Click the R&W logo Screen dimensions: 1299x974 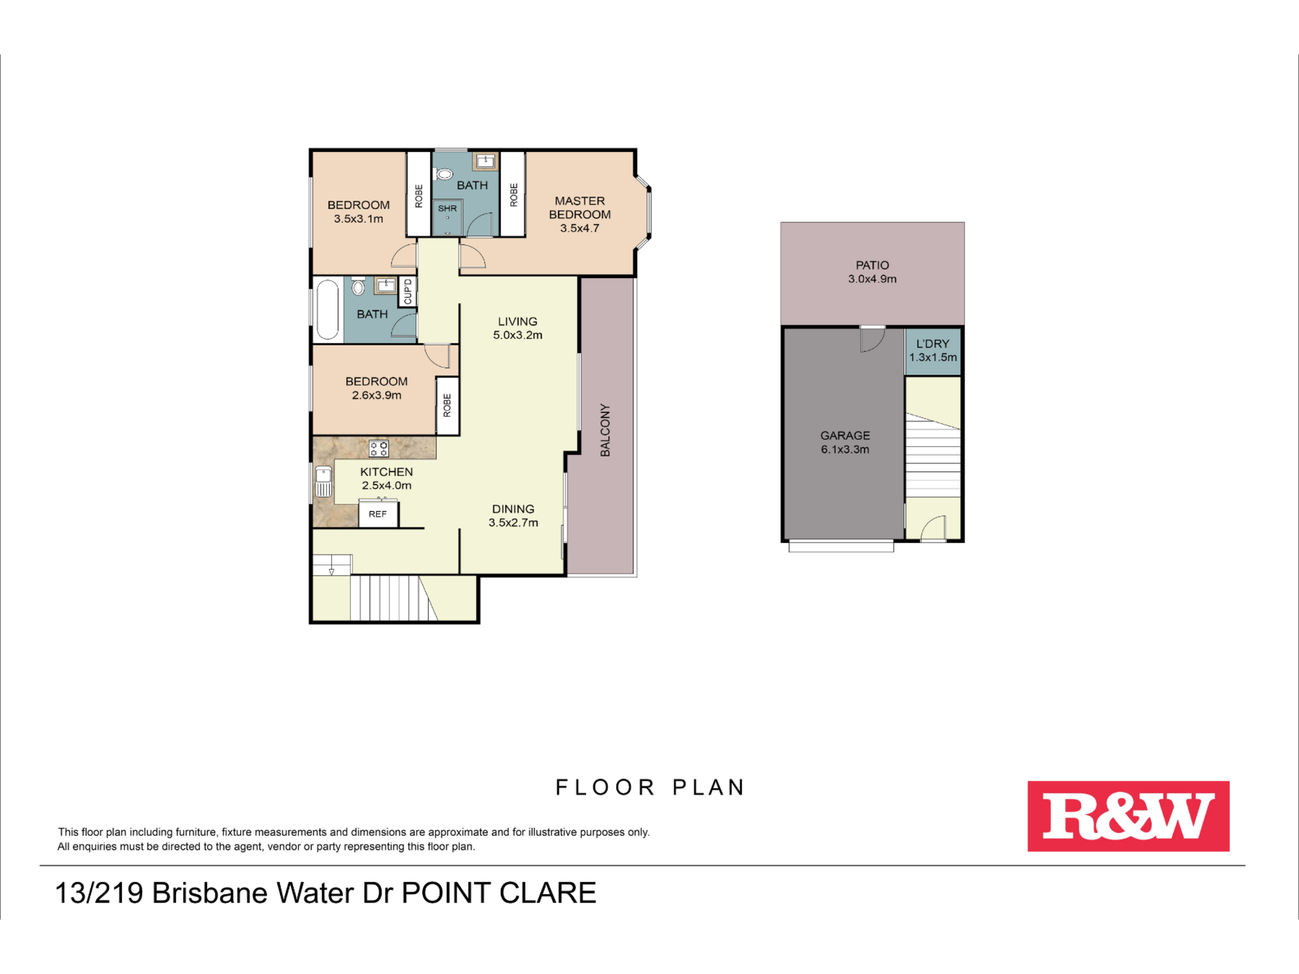tap(1128, 816)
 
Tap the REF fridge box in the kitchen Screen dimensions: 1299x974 tap(378, 514)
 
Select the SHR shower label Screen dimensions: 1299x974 tap(448, 208)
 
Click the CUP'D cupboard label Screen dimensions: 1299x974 tap(408, 291)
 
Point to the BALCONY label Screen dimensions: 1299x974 tap(605, 430)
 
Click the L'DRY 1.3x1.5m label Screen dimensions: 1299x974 tap(933, 351)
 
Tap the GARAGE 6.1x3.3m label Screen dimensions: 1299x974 tap(845, 442)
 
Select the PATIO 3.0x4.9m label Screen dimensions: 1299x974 tap(872, 272)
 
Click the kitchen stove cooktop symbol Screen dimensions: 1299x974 tap(379, 448)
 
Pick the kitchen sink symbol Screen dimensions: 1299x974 tap(323, 482)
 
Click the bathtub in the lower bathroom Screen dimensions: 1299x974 tap(327, 310)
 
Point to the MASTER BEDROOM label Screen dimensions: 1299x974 tap(580, 208)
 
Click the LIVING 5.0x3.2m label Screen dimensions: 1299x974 tap(518, 328)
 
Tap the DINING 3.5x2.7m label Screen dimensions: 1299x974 tap(513, 516)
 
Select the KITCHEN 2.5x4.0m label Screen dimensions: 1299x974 tap(386, 479)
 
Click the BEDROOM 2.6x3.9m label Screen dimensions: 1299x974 tap(377, 388)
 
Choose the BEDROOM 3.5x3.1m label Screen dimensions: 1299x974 tap(359, 212)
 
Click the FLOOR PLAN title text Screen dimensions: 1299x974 tap(649, 788)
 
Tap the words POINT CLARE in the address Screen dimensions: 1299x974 tap(499, 893)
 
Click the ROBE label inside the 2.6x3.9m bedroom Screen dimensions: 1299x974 tap(447, 405)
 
